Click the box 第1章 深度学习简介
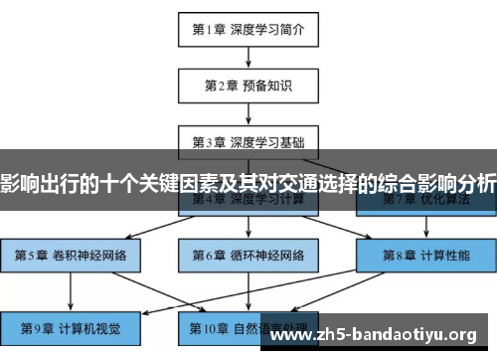[248, 30]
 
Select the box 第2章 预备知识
[248, 87]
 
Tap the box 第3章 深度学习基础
[248, 140]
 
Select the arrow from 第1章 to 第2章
[248, 58]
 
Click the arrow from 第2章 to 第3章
[248, 113]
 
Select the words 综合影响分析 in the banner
[436, 183]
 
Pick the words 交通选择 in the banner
[299, 183]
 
